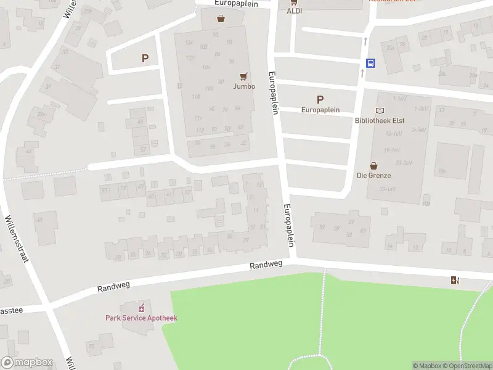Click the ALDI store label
coord(294,11)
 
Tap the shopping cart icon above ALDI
coord(294,2)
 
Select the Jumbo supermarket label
coord(244,86)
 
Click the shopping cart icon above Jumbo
coord(244,76)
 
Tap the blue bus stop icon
coord(371,63)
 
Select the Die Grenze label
coord(374,175)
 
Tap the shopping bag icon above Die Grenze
coord(373,165)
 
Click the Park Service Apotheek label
coord(141,318)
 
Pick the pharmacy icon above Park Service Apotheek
coord(142,307)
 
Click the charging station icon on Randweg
coord(455,281)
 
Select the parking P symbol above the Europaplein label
coord(320,99)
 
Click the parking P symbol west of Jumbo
coord(145,59)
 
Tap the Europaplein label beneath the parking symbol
coord(320,110)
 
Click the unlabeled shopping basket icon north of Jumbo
coord(221,18)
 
